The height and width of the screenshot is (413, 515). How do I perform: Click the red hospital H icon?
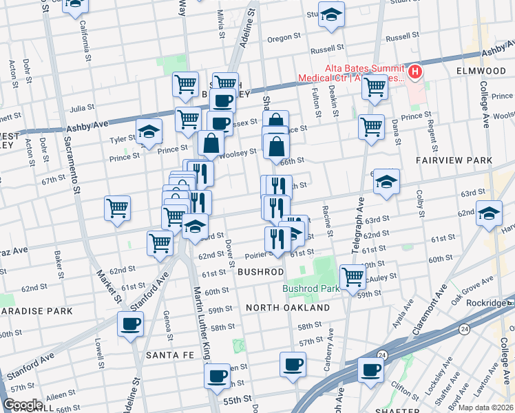pyautogui.click(x=415, y=72)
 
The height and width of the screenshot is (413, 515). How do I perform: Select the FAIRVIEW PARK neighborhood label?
pyautogui.click(x=454, y=160)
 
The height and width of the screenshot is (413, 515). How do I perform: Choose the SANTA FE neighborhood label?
pyautogui.click(x=164, y=354)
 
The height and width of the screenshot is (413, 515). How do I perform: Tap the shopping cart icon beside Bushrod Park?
pyautogui.click(x=353, y=277)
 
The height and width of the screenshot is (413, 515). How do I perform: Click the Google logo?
pyautogui.click(x=23, y=405)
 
